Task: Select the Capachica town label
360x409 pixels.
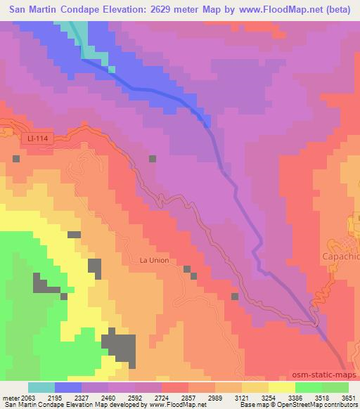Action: click(x=341, y=257)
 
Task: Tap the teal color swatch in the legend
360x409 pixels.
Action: click(x=41, y=388)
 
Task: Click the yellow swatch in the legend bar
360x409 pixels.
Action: click(x=281, y=388)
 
